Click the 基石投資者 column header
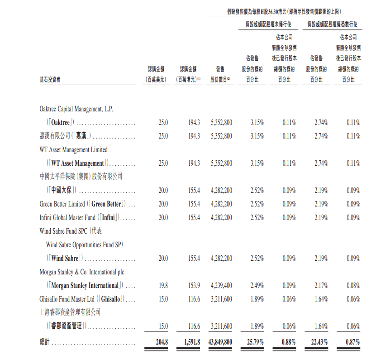pyautogui.click(x=50, y=80)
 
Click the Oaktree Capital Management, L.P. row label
pyautogui.click(x=76, y=109)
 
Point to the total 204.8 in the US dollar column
pyautogui.click(x=162, y=342)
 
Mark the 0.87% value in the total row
pyautogui.click(x=352, y=342)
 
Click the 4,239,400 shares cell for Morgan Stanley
pyautogui.click(x=221, y=286)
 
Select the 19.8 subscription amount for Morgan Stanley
pyautogui.click(x=163, y=286)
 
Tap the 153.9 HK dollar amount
pyautogui.click(x=194, y=286)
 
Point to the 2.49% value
pyautogui.click(x=257, y=286)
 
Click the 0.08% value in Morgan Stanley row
pyautogui.click(x=353, y=286)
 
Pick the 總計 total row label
pyautogui.click(x=45, y=342)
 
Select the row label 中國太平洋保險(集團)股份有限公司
pyautogui.click(x=81, y=177)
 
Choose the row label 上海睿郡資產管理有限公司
pyautogui.click(x=70, y=312)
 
